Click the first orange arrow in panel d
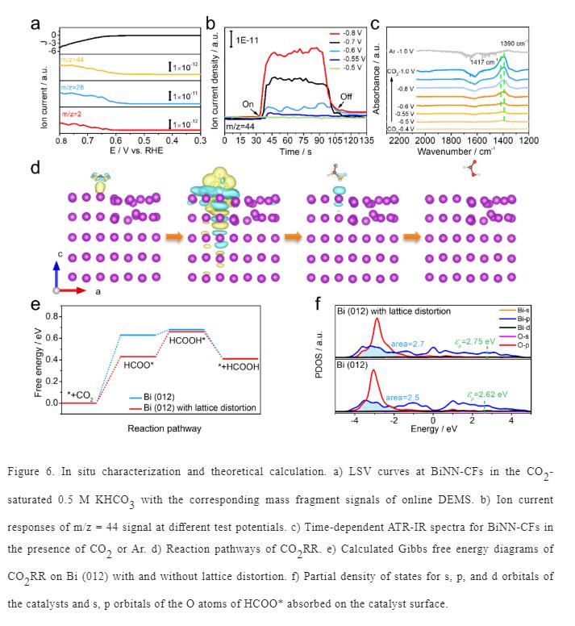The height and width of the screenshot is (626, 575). click(173, 237)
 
